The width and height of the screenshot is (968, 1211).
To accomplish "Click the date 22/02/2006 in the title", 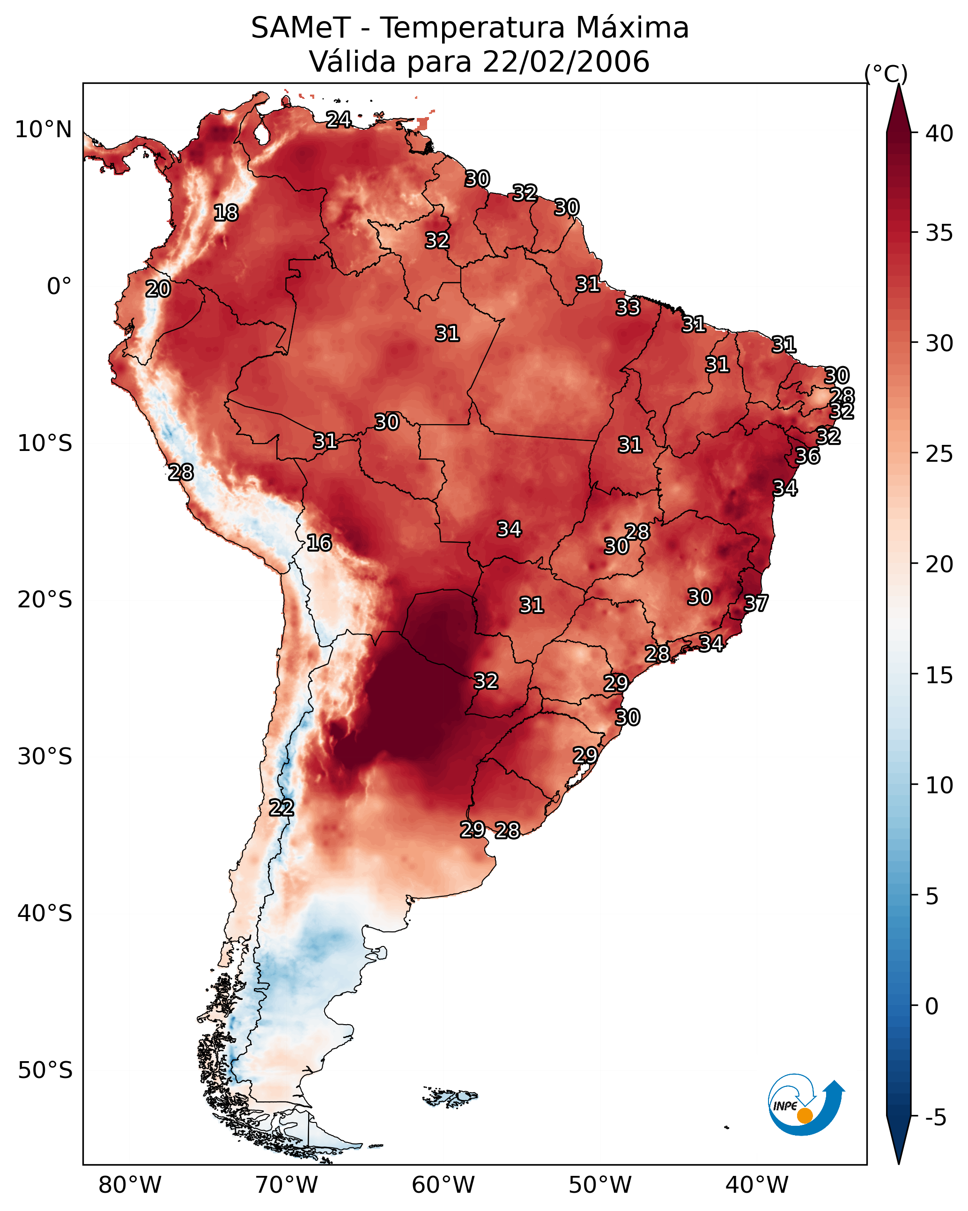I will [x=565, y=62].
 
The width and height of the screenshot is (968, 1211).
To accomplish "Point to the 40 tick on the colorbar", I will [x=939, y=133].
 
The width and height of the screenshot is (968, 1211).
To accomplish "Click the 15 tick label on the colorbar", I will [x=939, y=675].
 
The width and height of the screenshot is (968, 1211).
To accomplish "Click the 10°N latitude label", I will [x=43, y=130].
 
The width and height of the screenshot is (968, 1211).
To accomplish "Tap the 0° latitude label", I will [x=59, y=287].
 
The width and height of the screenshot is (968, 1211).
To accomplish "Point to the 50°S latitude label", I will [x=45, y=1071].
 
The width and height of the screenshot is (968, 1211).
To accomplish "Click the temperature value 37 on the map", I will [x=756, y=603].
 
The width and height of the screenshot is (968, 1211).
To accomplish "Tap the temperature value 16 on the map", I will [x=319, y=543].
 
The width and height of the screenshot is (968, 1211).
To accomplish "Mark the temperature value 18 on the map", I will [x=226, y=213].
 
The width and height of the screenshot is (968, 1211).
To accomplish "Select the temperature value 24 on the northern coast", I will [x=339, y=119].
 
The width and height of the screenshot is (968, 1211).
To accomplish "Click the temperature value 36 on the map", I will [x=807, y=456].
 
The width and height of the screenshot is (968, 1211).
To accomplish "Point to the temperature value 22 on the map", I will [x=281, y=808].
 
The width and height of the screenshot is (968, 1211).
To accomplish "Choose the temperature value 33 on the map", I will [x=628, y=307].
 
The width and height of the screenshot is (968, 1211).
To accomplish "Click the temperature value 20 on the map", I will [x=158, y=289].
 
